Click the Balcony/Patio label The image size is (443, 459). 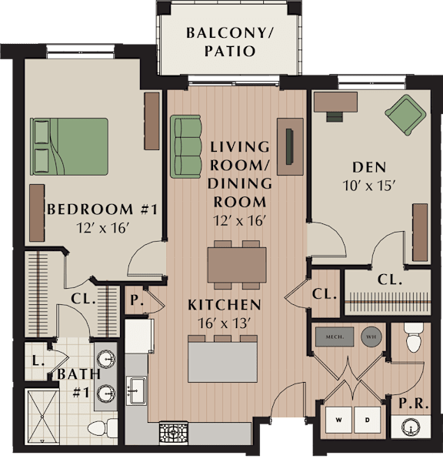(229, 42)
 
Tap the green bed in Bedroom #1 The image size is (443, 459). (69, 146)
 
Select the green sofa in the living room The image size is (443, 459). (186, 146)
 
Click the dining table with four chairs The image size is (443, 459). (237, 265)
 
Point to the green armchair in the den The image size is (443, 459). (405, 115)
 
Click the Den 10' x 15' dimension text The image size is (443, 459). (369, 186)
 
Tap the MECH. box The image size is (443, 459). (335, 337)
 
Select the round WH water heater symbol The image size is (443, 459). (371, 337)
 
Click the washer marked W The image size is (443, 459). (338, 420)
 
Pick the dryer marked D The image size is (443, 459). (368, 420)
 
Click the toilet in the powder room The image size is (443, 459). (414, 337)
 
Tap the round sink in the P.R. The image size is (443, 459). (411, 427)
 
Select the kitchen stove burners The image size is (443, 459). (173, 432)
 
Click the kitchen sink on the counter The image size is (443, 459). (136, 390)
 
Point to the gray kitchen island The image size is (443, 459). (222, 362)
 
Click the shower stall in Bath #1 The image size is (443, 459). (42, 417)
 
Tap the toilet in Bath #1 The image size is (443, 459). (102, 428)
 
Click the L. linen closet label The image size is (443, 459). (38, 361)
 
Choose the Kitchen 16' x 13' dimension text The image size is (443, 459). (225, 323)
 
